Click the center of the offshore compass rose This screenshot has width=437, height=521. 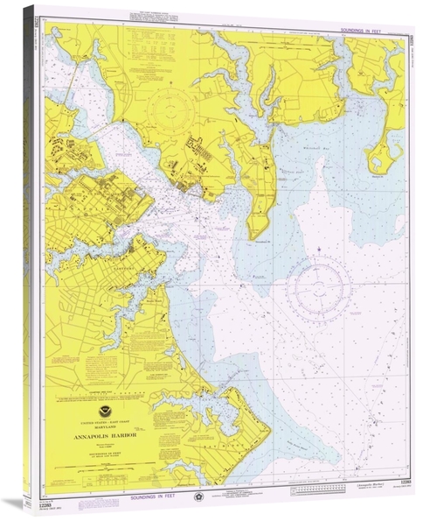[x=322, y=289]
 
